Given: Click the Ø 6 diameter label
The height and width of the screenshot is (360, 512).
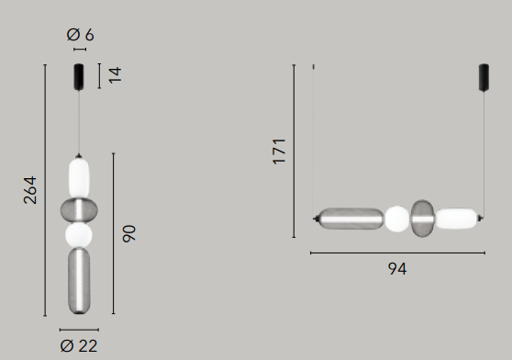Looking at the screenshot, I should [80, 35].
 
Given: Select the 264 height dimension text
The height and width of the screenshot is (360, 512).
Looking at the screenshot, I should [29, 189].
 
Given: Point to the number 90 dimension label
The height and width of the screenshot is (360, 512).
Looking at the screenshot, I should [128, 233].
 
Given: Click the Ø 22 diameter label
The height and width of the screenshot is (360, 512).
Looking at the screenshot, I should [79, 345].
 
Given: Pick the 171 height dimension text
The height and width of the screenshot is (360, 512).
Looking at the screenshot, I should [280, 151].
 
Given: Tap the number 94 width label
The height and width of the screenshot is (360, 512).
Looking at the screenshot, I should [396, 269].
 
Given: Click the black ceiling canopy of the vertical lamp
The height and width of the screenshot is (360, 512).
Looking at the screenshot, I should [80, 75].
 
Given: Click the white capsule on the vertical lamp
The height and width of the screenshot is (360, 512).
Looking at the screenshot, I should [80, 176].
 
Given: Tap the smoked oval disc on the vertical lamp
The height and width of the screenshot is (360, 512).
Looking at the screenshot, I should [79, 211].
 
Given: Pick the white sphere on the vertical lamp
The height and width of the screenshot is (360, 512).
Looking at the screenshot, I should [79, 236].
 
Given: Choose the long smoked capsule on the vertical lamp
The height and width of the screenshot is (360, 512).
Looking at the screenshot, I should [80, 283].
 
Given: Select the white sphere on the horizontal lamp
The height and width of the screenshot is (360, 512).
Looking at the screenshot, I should [396, 219].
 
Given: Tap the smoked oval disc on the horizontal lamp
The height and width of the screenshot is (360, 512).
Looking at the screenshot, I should [423, 219].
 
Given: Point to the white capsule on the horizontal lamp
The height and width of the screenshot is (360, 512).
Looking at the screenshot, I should [456, 219].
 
